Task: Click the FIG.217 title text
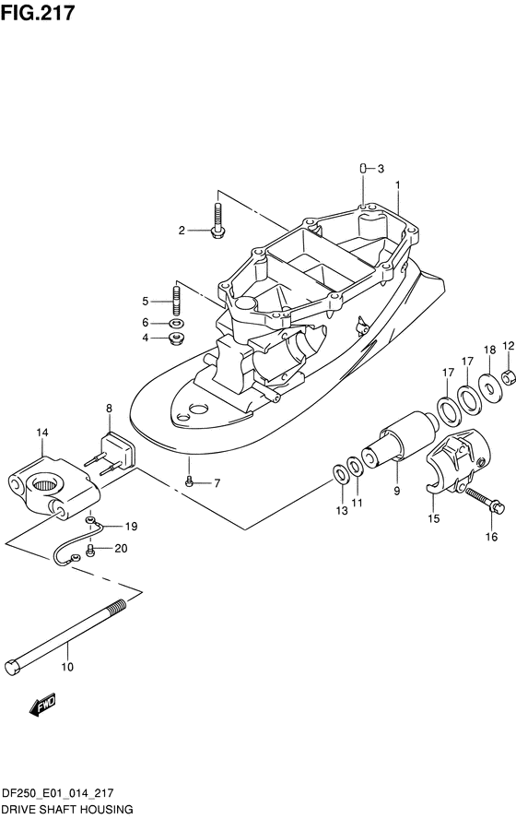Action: click(38, 13)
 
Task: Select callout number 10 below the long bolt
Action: click(67, 667)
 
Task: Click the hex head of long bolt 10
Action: click(13, 668)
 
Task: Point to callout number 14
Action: click(42, 433)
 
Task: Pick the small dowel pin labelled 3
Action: click(361, 168)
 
